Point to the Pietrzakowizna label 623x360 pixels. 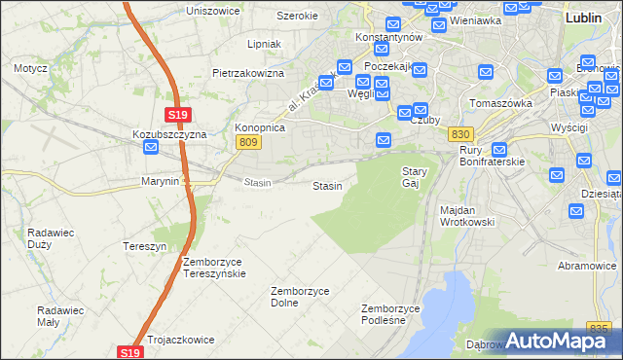(248, 73)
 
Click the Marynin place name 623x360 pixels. (160, 181)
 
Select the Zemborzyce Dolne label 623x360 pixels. (299, 297)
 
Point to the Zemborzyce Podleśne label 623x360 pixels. (390, 313)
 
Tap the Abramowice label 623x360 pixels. (587, 266)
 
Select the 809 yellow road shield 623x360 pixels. (247, 142)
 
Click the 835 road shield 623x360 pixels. (602, 330)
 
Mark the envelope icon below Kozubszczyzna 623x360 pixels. (152, 148)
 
